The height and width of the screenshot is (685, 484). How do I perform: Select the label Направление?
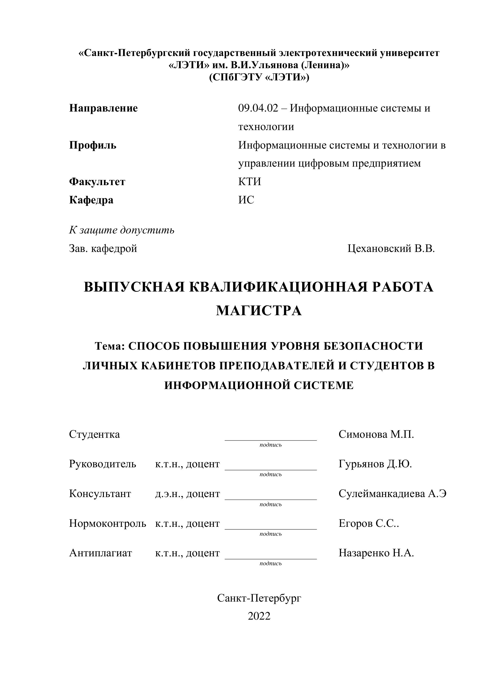point(103,108)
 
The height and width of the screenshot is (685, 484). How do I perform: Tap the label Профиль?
point(93,145)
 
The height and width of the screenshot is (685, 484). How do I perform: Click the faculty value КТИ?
point(249,182)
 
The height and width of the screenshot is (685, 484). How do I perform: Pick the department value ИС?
point(246,200)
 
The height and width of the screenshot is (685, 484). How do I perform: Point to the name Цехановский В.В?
point(391,248)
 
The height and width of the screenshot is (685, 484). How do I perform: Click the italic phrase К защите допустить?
point(122,230)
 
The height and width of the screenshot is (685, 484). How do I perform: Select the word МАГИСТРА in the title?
point(259,311)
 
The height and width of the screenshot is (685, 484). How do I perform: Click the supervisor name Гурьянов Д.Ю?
point(375,464)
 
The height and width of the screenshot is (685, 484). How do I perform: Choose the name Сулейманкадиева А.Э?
point(392,494)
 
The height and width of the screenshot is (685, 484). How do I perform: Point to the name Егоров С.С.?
point(368,523)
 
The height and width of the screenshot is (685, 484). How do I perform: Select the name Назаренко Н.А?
point(376,553)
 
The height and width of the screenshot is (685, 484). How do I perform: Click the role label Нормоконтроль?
point(108,523)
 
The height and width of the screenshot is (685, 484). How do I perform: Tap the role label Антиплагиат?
point(100,553)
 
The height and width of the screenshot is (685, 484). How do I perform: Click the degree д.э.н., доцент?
point(187,494)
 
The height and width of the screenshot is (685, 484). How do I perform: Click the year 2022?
point(259,616)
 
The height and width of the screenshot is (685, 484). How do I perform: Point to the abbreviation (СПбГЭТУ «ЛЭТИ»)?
point(259,77)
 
